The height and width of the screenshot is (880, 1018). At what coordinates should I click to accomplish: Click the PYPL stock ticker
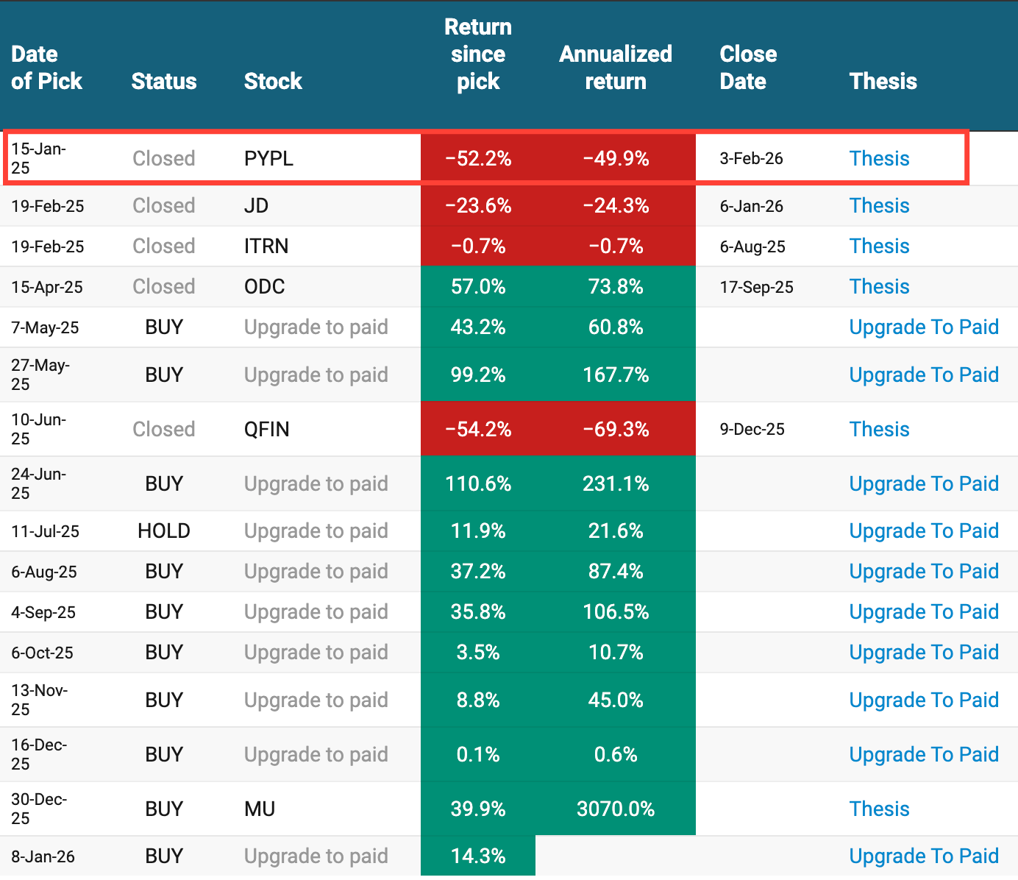point(268,158)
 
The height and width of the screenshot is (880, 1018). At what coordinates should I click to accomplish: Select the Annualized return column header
point(616,68)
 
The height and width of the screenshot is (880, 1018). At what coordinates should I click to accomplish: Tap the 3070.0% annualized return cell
point(616,809)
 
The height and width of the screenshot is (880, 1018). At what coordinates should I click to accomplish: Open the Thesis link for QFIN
point(879,429)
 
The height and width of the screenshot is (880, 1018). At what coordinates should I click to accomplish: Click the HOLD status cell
point(164,531)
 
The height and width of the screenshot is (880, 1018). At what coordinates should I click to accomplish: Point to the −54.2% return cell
point(478,429)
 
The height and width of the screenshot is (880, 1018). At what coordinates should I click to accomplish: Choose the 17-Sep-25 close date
point(756,287)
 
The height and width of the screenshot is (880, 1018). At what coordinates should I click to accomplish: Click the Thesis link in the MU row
point(879,809)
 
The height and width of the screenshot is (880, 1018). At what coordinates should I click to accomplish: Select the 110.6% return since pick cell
point(478,483)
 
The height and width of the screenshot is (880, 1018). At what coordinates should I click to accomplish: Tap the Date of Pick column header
point(46,68)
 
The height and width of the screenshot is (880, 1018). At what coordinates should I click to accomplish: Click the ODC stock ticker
point(264,286)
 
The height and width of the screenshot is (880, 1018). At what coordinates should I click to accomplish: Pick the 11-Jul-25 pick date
point(46,531)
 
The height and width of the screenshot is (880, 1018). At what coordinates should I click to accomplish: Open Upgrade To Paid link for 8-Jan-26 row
point(924,856)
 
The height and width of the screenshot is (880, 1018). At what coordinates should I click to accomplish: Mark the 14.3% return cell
point(478,856)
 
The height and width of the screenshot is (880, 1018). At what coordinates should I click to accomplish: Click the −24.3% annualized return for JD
point(616,205)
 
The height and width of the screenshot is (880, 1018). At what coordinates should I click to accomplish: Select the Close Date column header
point(747,68)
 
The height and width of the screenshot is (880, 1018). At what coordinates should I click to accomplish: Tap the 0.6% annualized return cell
point(616,754)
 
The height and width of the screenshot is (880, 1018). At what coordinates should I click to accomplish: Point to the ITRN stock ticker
point(266,246)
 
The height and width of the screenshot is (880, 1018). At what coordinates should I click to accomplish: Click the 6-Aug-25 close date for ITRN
point(752,246)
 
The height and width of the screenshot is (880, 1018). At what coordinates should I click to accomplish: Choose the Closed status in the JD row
point(163,205)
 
